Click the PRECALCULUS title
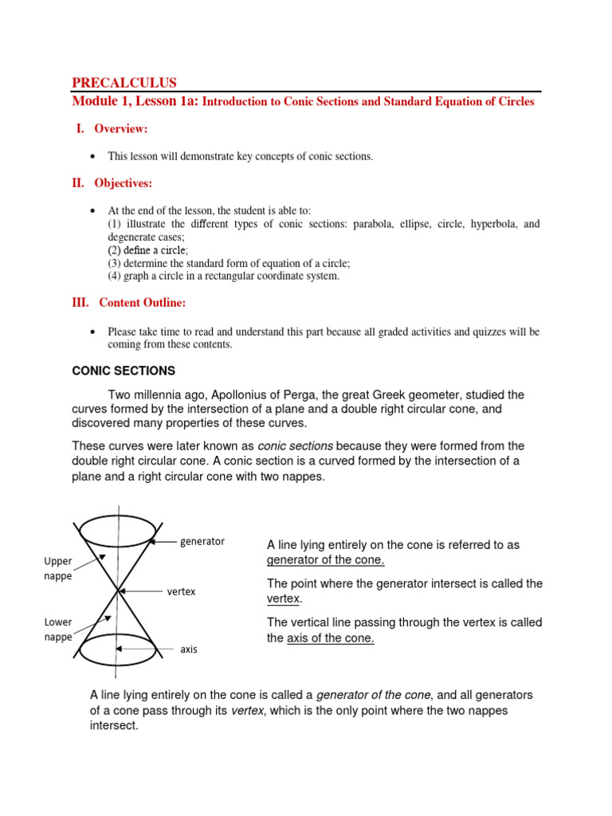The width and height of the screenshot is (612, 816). pos(124,83)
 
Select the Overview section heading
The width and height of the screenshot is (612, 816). pos(120,129)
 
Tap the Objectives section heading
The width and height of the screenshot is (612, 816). pos(123,183)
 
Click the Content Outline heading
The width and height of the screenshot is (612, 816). pos(142,303)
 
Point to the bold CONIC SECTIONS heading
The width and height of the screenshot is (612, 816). pos(124,371)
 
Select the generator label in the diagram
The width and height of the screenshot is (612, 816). pos(202,541)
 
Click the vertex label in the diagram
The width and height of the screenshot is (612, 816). pos(181,592)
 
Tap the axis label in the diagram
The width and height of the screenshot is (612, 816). pos(188,649)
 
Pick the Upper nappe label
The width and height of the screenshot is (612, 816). pos(57,568)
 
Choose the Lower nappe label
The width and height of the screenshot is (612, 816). pos(57,630)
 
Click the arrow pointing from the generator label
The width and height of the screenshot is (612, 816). pos(164,542)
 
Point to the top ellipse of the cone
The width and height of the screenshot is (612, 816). pos(118,529)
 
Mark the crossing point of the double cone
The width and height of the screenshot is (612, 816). pos(118,590)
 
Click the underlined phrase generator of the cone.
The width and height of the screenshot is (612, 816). pos(325,559)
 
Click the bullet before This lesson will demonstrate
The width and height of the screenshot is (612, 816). pos(93,156)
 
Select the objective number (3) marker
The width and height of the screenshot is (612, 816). pos(116,263)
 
